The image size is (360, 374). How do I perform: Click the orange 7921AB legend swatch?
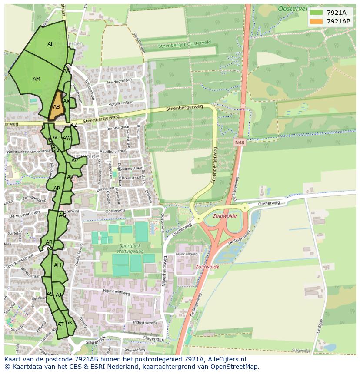[317, 21]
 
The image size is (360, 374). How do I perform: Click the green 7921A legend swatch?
[317, 13]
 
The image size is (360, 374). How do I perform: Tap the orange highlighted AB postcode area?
[57, 106]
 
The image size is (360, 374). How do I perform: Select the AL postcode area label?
[50, 44]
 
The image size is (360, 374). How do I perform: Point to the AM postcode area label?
[37, 79]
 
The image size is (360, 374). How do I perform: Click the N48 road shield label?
[239, 142]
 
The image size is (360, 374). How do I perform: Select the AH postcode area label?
[57, 265]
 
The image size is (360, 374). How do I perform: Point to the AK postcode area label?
[69, 323]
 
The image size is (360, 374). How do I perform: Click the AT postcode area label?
[60, 324]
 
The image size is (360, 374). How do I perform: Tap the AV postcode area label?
[74, 161]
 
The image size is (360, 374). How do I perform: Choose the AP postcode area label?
[57, 189]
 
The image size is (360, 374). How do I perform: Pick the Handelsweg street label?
[187, 254]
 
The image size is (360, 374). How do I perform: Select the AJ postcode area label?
[59, 295]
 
